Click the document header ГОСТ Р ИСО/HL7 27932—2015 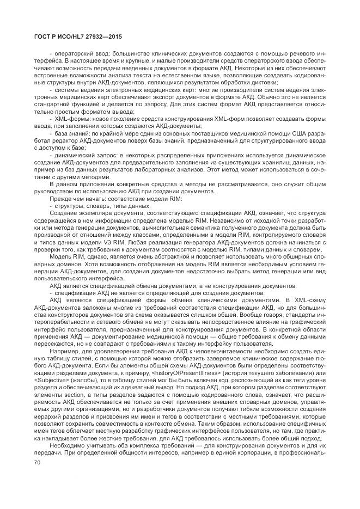pos(74,36)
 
